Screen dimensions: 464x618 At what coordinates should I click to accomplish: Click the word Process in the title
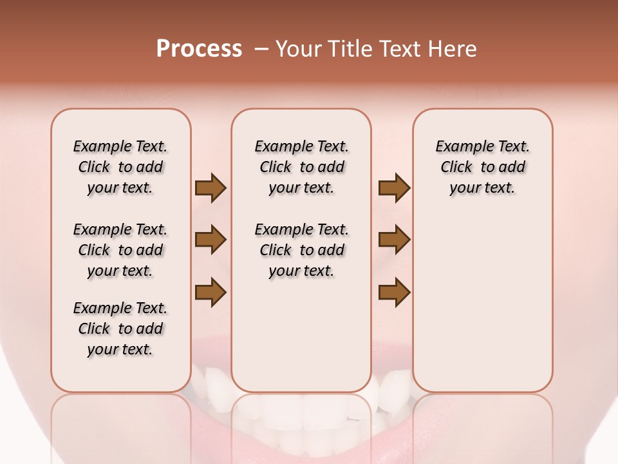199,48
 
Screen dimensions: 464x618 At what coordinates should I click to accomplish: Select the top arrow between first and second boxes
211,188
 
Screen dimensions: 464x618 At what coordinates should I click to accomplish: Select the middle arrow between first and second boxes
211,240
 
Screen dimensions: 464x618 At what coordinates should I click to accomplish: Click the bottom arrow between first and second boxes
211,292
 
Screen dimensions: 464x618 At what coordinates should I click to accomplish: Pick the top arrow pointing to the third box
394,188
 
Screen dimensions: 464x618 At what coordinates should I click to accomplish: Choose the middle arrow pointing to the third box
394,240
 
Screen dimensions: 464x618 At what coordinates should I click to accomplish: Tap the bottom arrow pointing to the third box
394,292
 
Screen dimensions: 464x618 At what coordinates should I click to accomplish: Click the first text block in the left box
120,167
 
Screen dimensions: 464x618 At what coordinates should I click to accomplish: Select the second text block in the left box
120,250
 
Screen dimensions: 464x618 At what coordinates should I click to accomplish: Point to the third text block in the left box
120,329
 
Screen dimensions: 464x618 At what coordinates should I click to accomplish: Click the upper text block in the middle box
301,167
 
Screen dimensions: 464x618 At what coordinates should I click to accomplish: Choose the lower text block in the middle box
301,250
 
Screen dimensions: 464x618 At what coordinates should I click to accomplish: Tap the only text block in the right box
482,167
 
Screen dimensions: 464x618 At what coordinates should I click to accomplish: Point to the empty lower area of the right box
482,303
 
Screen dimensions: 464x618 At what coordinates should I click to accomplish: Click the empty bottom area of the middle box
301,342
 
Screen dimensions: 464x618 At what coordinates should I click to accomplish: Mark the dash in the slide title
261,49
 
